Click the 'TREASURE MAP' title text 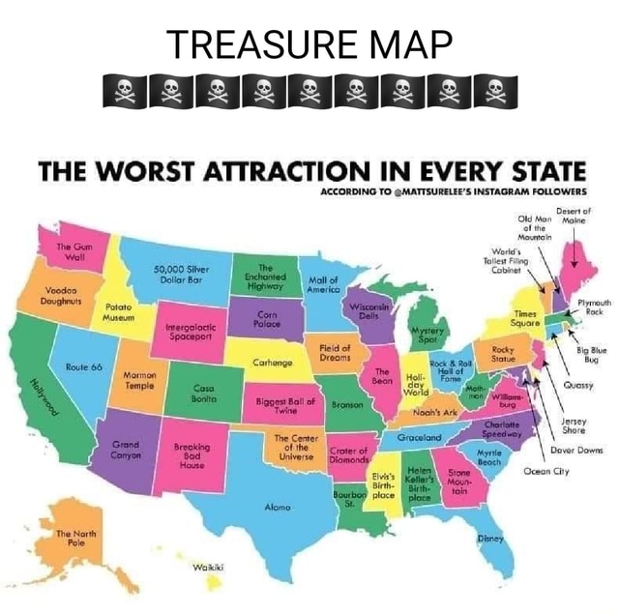pos(309,44)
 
